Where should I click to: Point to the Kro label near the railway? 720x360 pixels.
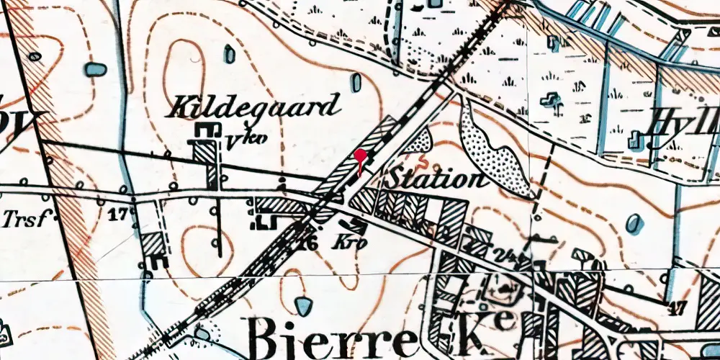(x=351, y=243)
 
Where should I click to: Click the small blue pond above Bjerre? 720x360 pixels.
(x=305, y=306)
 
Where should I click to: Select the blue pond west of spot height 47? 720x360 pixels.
(x=634, y=224)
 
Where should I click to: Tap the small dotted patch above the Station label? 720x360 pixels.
(x=418, y=140)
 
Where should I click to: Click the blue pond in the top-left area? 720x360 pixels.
(x=94, y=70)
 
